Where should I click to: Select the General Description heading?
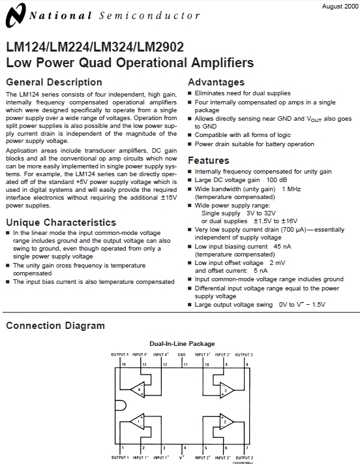[53, 82]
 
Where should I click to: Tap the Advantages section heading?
[216, 82]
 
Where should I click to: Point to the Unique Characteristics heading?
[61, 223]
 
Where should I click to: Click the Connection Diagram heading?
[55, 326]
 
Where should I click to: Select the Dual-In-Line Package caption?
[182, 344]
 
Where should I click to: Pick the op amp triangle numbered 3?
[226, 390]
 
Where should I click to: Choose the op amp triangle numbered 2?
[226, 422]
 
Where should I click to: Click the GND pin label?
[182, 355]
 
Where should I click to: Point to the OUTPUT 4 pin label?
[119, 355]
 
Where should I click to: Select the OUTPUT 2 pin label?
[243, 457]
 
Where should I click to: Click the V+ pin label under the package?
[182, 457]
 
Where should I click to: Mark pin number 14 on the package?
[123, 363]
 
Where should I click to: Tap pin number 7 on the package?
[247, 448]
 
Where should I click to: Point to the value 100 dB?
[277, 179]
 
